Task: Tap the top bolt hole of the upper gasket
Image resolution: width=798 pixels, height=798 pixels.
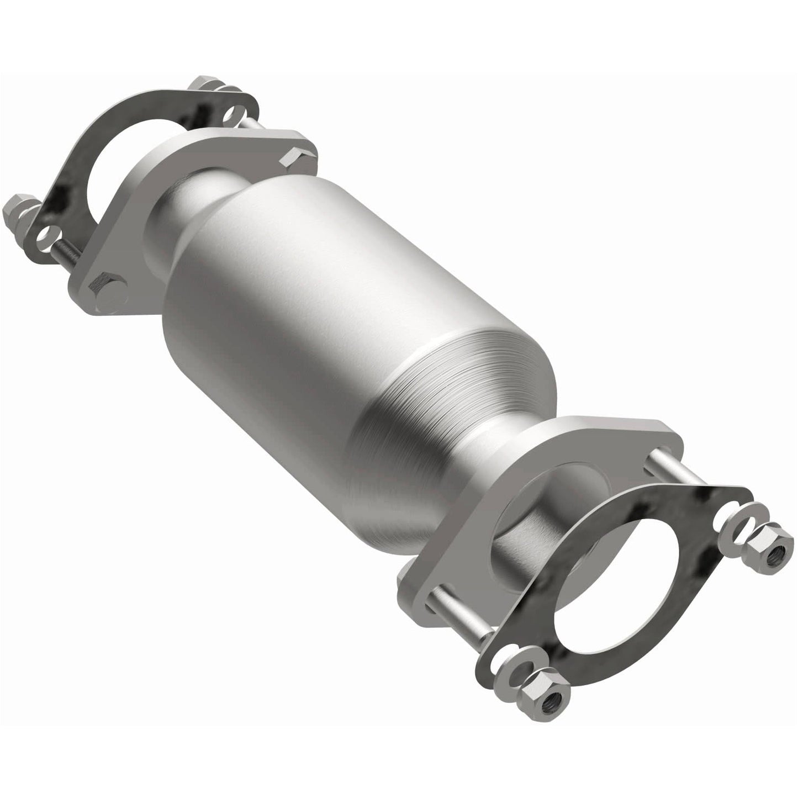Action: (229, 115)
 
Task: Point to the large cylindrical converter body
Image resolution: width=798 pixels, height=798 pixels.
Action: (309, 287)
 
